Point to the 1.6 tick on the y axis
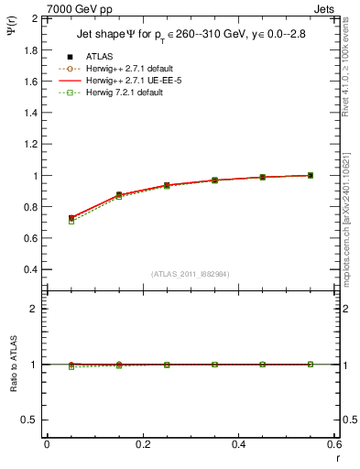30,82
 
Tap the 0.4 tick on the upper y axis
30,270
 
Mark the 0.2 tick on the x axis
142,444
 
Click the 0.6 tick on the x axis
334,444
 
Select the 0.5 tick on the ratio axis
30,420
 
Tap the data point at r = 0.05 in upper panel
71,218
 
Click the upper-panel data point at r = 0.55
311,175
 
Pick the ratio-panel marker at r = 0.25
167,364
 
